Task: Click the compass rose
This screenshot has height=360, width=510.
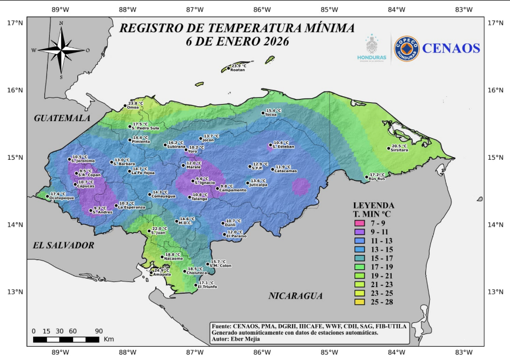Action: [61, 50]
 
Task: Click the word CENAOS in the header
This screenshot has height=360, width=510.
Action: [451, 48]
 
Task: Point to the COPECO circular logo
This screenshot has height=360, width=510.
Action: [407, 49]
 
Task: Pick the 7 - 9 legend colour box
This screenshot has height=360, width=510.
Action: [360, 223]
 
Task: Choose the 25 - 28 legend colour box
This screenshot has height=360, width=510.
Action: [360, 302]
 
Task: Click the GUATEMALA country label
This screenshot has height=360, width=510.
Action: [61, 118]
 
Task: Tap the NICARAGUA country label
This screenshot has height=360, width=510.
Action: [295, 296]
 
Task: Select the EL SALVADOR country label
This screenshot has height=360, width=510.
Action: [63, 245]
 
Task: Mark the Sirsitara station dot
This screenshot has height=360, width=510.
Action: [388, 148]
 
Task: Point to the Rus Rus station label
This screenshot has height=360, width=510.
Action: [377, 179]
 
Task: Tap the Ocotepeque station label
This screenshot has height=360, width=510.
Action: [61, 198]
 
